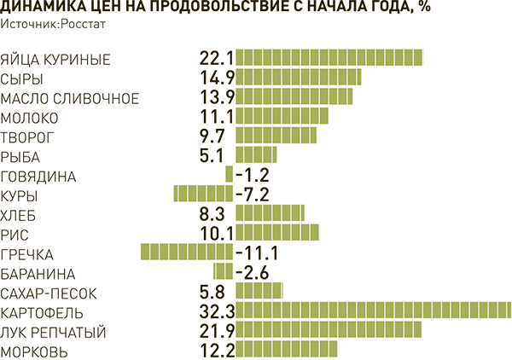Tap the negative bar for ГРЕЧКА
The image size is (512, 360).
[x=186, y=253]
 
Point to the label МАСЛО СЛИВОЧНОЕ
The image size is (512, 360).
[x=70, y=97]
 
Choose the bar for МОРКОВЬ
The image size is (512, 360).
[x=287, y=350]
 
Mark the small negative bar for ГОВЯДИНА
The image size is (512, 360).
[x=229, y=175]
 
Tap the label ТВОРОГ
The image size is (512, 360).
[x=28, y=136]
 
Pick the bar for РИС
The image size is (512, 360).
[x=278, y=233]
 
